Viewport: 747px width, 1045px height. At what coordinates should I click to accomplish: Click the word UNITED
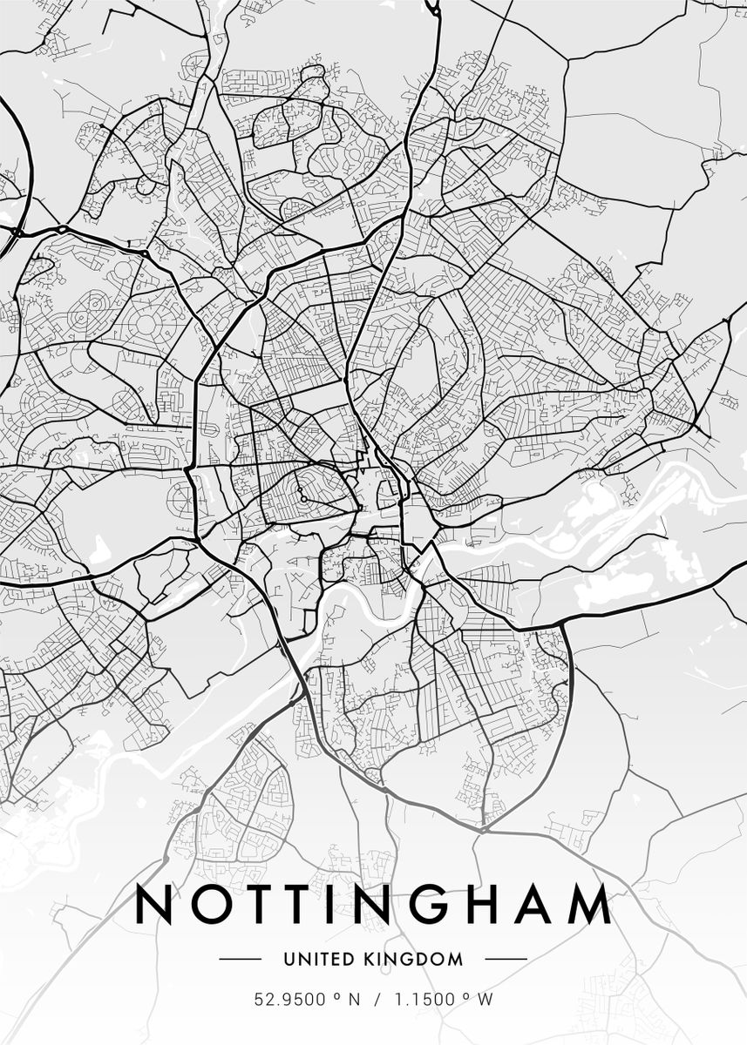[x=315, y=960]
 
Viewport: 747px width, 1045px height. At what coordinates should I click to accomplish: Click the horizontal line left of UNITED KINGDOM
[x=240, y=960]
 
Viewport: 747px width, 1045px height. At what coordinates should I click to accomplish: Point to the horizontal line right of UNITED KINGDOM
[x=506, y=960]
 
